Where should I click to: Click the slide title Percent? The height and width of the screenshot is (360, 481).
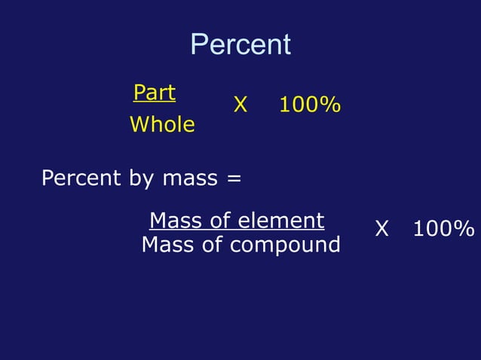tap(240, 44)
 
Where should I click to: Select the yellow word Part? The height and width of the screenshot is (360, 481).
tap(154, 93)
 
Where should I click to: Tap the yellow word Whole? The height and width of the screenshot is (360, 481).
tap(162, 124)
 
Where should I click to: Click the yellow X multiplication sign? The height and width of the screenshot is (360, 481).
tap(240, 105)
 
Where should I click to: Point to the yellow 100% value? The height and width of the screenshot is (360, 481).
tap(309, 105)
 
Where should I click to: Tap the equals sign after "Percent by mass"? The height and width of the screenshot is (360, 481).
tap(234, 179)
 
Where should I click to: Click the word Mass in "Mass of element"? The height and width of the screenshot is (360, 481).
tap(174, 221)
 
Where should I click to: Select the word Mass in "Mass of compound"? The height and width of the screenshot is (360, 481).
tap(166, 245)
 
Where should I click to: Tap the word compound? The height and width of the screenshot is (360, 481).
tap(285, 246)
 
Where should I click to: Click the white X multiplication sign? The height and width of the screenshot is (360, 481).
tap(382, 229)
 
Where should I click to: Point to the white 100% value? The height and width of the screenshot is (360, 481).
tap(443, 229)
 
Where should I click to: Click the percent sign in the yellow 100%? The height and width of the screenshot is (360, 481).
tap(328, 105)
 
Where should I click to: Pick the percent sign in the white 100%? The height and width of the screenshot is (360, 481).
tap(464, 229)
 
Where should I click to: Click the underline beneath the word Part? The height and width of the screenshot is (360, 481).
tap(154, 102)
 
